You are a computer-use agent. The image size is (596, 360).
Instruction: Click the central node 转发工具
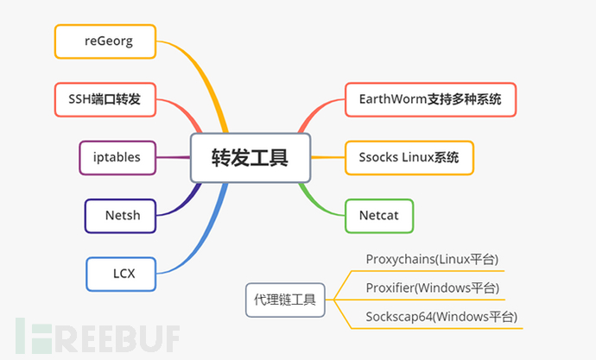click(x=250, y=157)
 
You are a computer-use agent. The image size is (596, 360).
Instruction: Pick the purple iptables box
click(x=117, y=157)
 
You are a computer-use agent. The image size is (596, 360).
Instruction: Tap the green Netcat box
click(x=378, y=215)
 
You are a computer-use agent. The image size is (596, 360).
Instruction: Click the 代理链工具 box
click(x=284, y=300)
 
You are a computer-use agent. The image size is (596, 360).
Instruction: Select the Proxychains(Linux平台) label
click(x=432, y=259)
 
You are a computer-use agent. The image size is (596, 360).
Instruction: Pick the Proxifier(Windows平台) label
click(x=432, y=287)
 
